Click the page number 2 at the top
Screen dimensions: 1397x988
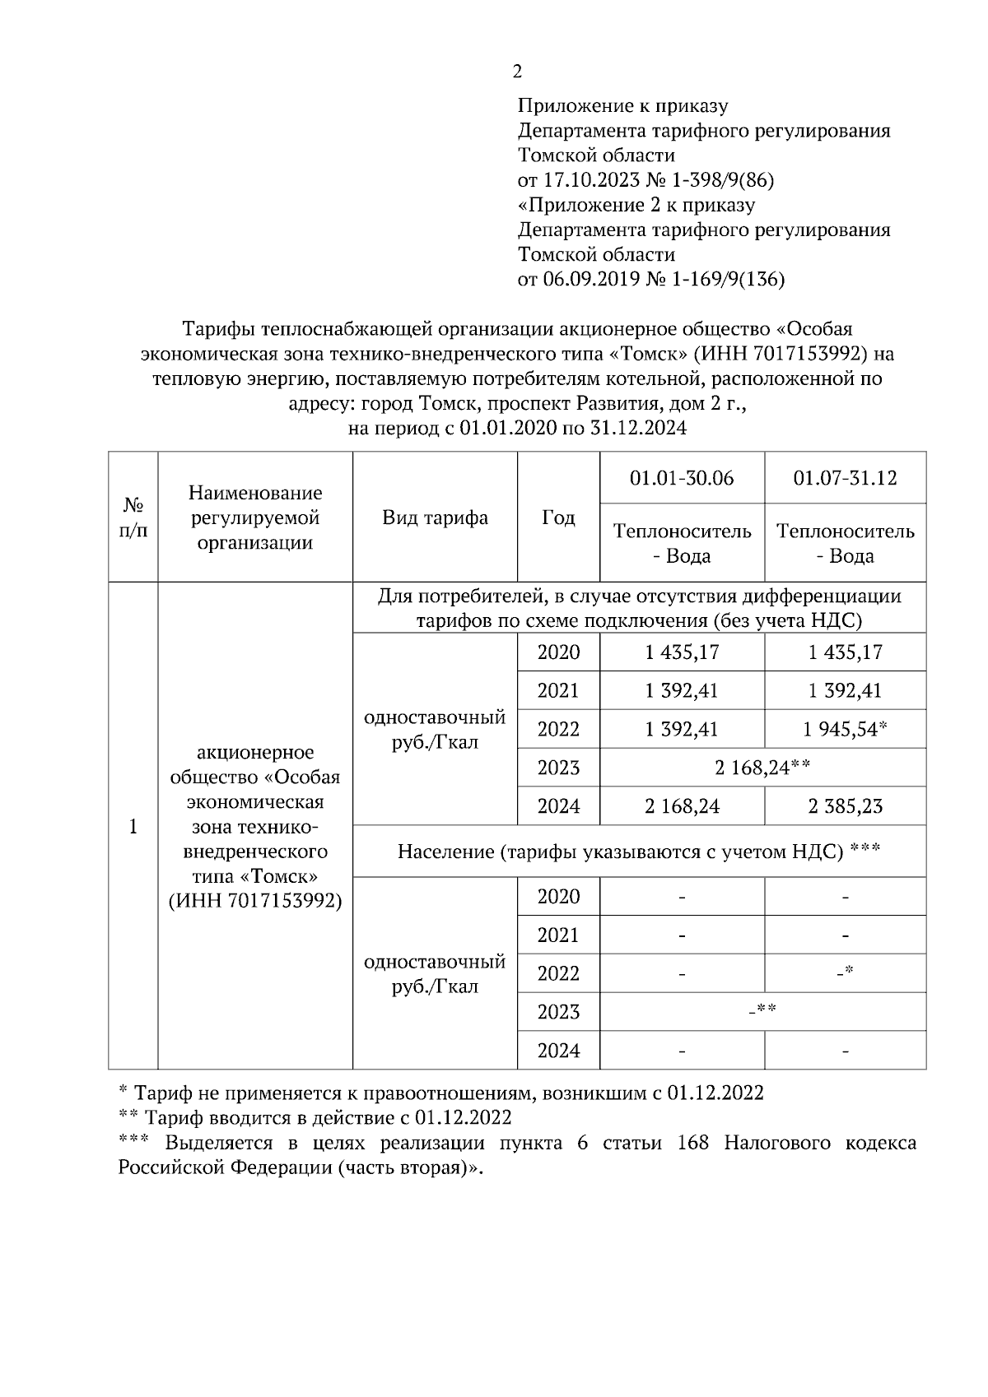[517, 72]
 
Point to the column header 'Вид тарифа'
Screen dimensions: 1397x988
[435, 517]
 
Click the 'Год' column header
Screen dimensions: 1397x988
[558, 517]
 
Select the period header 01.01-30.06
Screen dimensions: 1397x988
[682, 478]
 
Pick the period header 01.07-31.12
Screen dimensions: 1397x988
[845, 478]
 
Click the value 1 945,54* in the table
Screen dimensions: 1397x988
[845, 729]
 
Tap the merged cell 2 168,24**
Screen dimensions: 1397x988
[762, 768]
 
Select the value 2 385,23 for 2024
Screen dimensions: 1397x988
[845, 806]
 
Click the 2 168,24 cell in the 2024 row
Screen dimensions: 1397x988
[682, 806]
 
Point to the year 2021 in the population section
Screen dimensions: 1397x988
[558, 935]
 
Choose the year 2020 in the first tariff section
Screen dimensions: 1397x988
[558, 652]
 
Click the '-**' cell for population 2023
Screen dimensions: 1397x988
[762, 1011]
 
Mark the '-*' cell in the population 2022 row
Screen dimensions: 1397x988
[845, 973]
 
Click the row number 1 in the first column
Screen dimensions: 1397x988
[133, 826]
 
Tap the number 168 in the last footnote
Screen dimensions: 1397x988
[692, 1144]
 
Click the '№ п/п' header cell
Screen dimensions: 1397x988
[133, 517]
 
